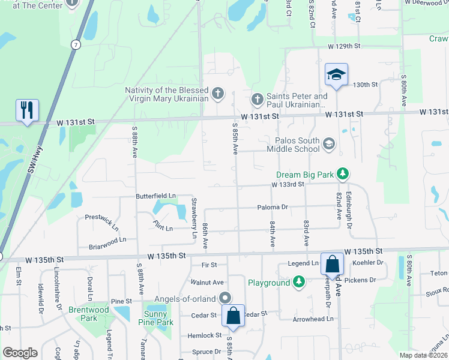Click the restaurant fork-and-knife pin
point(27,110)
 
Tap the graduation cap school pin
point(336,76)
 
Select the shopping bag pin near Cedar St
point(233,315)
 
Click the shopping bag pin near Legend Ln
point(332,264)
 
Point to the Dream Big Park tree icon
point(342,175)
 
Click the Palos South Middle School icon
point(328,144)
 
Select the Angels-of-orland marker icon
point(225,298)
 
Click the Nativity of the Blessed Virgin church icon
point(217,94)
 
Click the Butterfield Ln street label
point(155,196)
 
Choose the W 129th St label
point(343,46)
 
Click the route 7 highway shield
point(75,44)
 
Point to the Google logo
point(20,353)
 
